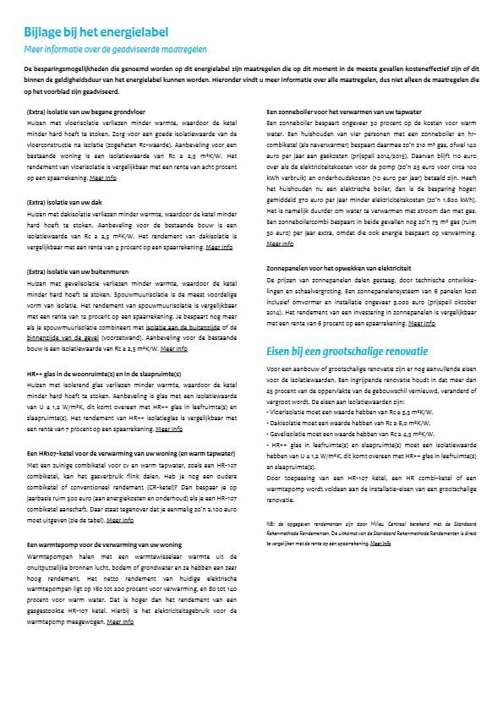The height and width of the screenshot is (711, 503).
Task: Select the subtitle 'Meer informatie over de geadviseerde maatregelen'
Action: [114, 49]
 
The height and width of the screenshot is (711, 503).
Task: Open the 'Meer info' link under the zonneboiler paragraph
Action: [278, 243]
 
